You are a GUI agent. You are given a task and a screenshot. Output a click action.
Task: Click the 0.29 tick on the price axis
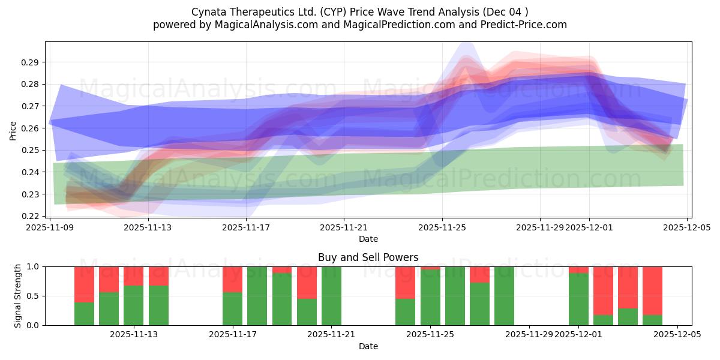pyautogui.click(x=31, y=62)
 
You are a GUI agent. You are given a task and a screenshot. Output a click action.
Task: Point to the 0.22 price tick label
pyautogui.click(x=31, y=216)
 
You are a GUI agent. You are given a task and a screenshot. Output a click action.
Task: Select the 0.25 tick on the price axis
pyautogui.click(x=31, y=150)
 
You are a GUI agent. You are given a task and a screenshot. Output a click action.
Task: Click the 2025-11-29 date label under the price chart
pyautogui.click(x=540, y=227)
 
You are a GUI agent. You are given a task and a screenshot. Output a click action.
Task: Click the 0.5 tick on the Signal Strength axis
pyautogui.click(x=34, y=296)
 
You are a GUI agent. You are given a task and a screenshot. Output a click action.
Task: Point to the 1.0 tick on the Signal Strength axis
pyautogui.click(x=34, y=266)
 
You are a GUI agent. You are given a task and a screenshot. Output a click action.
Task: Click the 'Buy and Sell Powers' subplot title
pyautogui.click(x=368, y=257)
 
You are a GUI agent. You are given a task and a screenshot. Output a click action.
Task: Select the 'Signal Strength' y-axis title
pyautogui.click(x=18, y=296)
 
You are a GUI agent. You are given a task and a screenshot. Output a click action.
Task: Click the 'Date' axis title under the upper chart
pyautogui.click(x=368, y=239)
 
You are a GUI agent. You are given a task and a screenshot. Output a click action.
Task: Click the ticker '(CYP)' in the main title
pyautogui.click(x=340, y=12)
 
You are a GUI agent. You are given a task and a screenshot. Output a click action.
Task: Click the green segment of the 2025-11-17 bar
pyautogui.click(x=232, y=309)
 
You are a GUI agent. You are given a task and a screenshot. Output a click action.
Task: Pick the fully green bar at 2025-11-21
pyautogui.click(x=331, y=296)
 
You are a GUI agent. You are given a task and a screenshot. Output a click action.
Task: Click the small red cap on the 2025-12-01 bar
pyautogui.click(x=578, y=269)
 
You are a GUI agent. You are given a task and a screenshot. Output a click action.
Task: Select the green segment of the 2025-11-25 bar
pyautogui.click(x=430, y=298)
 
